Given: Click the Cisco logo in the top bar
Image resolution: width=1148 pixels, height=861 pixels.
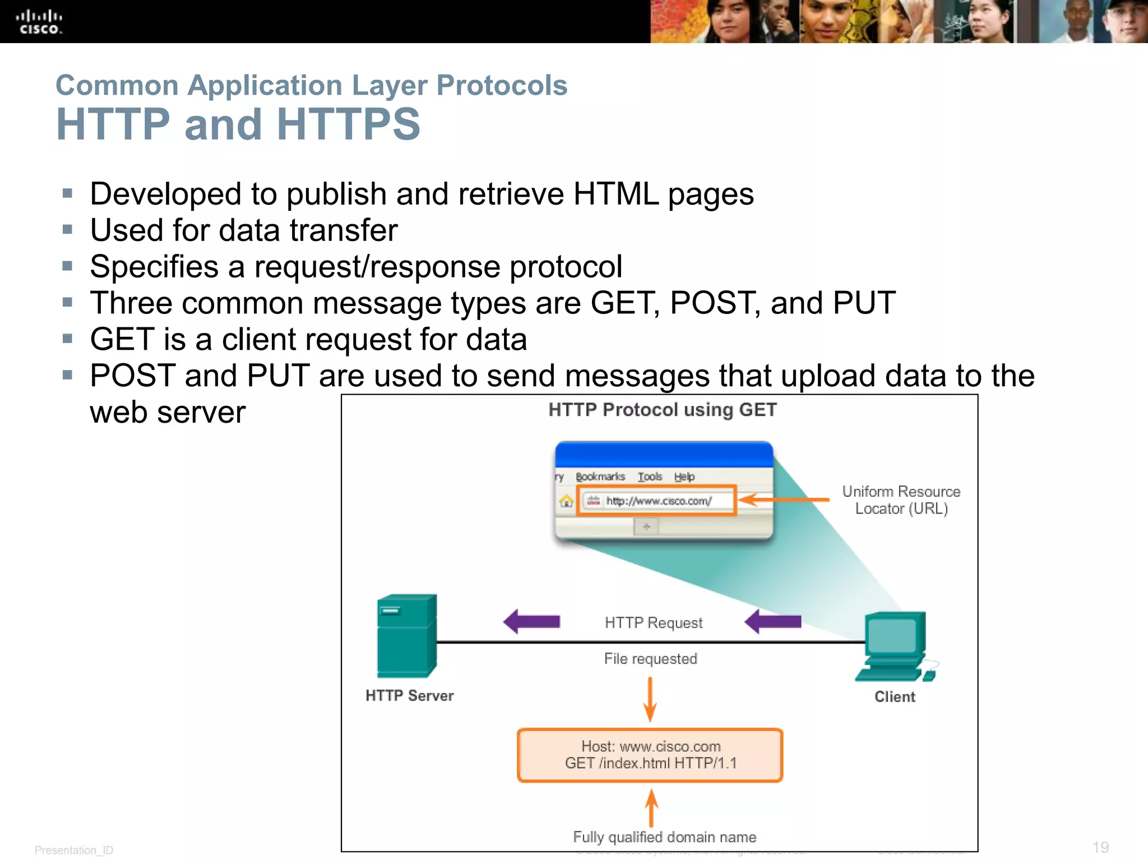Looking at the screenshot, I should (x=39, y=22).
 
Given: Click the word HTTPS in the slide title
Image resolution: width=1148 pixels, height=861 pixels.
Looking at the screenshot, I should (x=348, y=124).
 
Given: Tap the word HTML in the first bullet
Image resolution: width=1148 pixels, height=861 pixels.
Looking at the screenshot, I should (x=616, y=195).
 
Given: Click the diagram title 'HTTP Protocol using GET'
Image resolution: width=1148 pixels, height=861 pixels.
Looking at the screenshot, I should (x=662, y=410).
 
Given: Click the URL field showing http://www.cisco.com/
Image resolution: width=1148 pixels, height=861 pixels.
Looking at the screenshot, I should (x=656, y=501).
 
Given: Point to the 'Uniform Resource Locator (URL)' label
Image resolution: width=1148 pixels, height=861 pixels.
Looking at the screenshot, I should (x=901, y=500).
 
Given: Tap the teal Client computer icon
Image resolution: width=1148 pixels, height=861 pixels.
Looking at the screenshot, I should (x=895, y=646).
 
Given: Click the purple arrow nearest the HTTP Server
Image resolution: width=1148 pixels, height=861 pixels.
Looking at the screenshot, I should (x=531, y=622).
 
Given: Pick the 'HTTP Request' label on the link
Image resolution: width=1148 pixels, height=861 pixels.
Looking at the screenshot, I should (x=653, y=623).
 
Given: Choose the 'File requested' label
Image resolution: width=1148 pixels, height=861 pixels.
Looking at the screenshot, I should (x=650, y=659).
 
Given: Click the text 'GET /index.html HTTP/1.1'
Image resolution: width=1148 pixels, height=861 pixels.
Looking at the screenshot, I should (x=650, y=763).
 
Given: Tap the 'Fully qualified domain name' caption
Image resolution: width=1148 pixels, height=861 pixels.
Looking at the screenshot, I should (x=664, y=837).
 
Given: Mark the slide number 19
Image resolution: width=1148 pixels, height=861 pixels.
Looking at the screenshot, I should (x=1100, y=847).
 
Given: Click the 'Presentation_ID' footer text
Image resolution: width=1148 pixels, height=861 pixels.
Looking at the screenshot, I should (x=74, y=850).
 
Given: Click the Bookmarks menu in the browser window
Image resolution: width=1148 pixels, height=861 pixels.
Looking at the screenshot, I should (x=600, y=476).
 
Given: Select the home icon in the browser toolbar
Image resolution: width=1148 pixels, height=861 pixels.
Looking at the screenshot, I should (x=566, y=501).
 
